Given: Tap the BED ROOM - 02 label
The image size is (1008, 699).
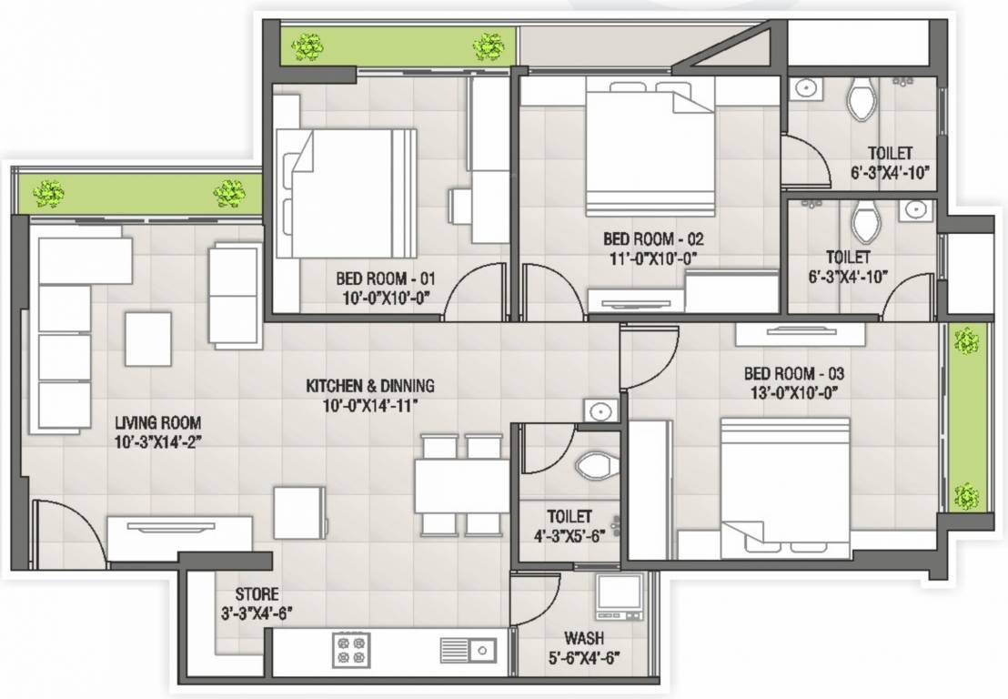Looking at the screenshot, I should point(652,239).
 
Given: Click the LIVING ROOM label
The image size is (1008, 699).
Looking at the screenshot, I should point(157,423).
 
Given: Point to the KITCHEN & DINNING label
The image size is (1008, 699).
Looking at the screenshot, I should point(369,386).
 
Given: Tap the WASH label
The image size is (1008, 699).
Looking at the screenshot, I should point(583,639).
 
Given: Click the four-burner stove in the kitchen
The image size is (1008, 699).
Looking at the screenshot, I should point(351,649).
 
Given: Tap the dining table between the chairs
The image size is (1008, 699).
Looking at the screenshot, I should point(461,486).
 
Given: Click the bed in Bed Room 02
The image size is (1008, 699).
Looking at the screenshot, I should point(649,145).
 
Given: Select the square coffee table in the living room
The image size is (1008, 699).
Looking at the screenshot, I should point(148,339).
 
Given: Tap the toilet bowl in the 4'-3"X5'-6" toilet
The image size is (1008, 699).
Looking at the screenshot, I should point(596,466).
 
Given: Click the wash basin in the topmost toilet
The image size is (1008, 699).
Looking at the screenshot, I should point(804,89).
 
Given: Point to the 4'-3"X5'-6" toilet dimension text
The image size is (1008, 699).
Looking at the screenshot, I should point(570,535).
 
